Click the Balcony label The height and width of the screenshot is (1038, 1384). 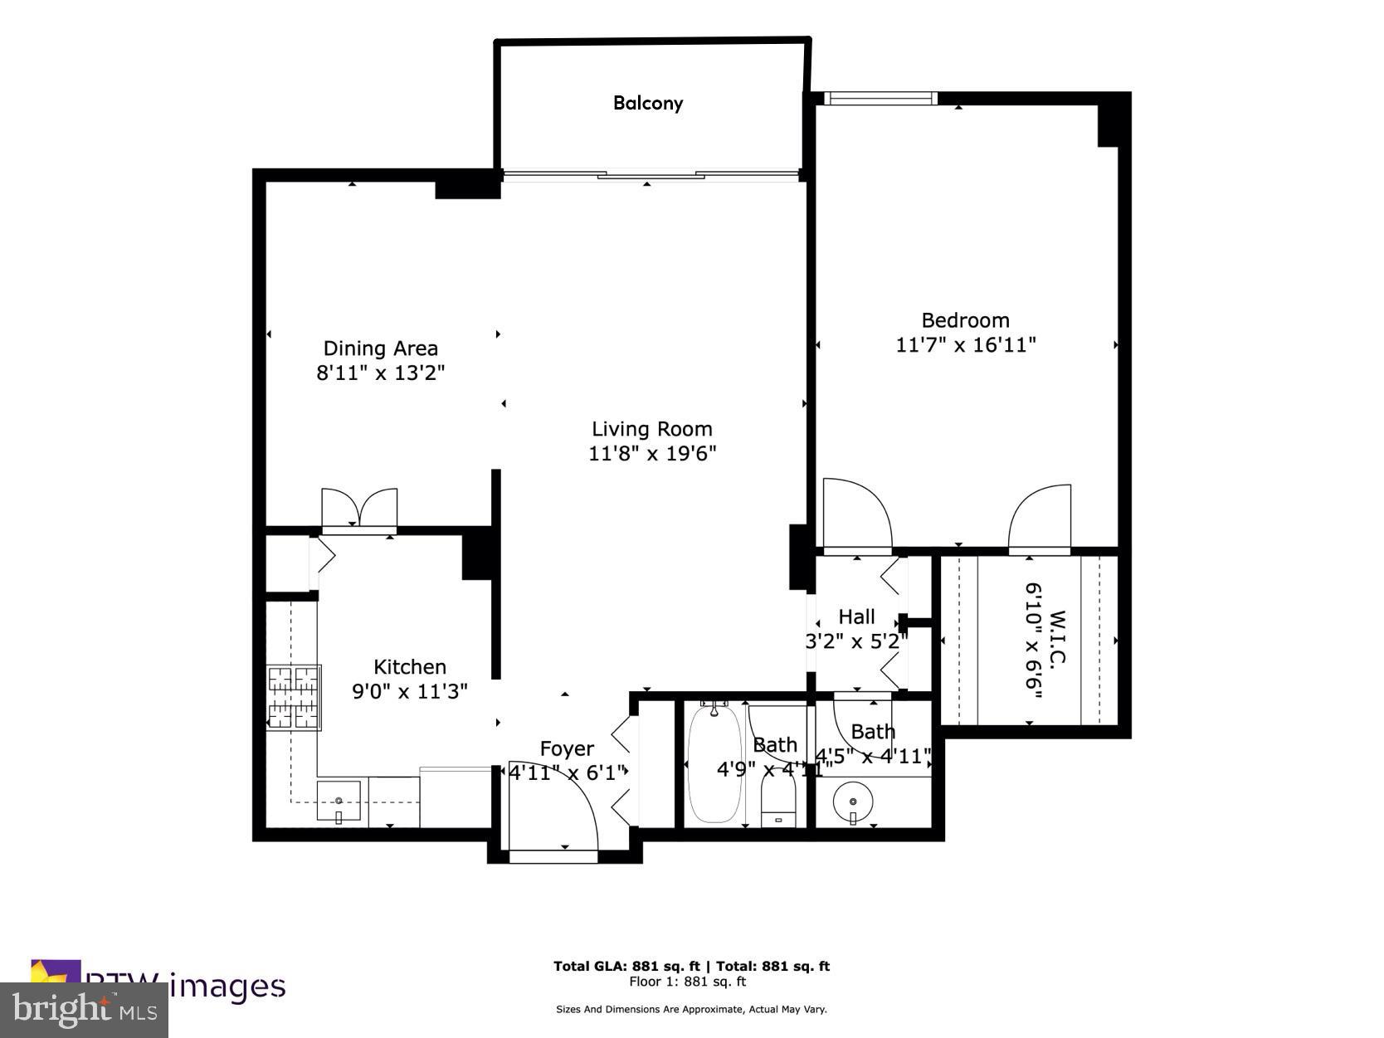[648, 103]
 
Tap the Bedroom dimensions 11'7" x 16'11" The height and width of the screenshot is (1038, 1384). [966, 344]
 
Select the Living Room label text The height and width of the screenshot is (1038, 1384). [651, 429]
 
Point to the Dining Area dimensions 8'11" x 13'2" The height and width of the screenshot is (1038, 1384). [380, 373]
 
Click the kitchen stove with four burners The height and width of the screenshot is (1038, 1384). [294, 697]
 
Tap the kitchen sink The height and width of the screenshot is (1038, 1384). [339, 802]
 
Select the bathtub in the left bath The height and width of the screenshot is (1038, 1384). [714, 763]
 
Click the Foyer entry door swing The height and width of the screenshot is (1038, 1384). [552, 805]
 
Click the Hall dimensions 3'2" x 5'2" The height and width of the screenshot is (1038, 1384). [856, 641]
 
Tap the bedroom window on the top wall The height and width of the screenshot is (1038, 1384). [880, 98]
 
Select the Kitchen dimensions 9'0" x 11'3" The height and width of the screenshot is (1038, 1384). [410, 691]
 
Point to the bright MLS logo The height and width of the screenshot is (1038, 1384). [84, 1010]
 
